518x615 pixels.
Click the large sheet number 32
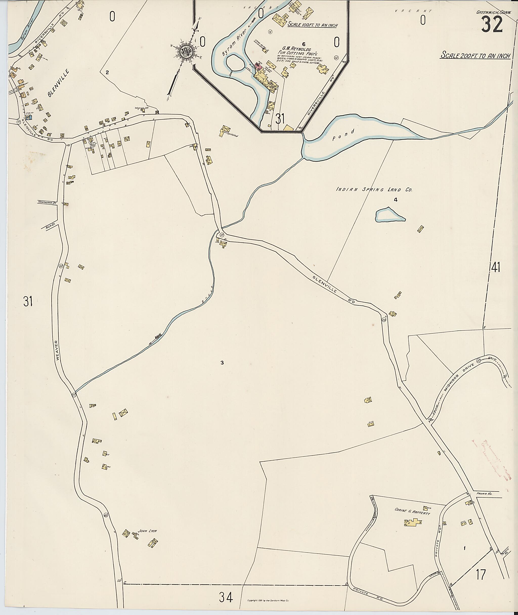click(492, 25)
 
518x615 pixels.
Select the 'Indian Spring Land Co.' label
click(374, 190)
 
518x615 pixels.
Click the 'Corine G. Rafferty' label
click(412, 512)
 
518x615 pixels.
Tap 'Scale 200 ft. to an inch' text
click(474, 55)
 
